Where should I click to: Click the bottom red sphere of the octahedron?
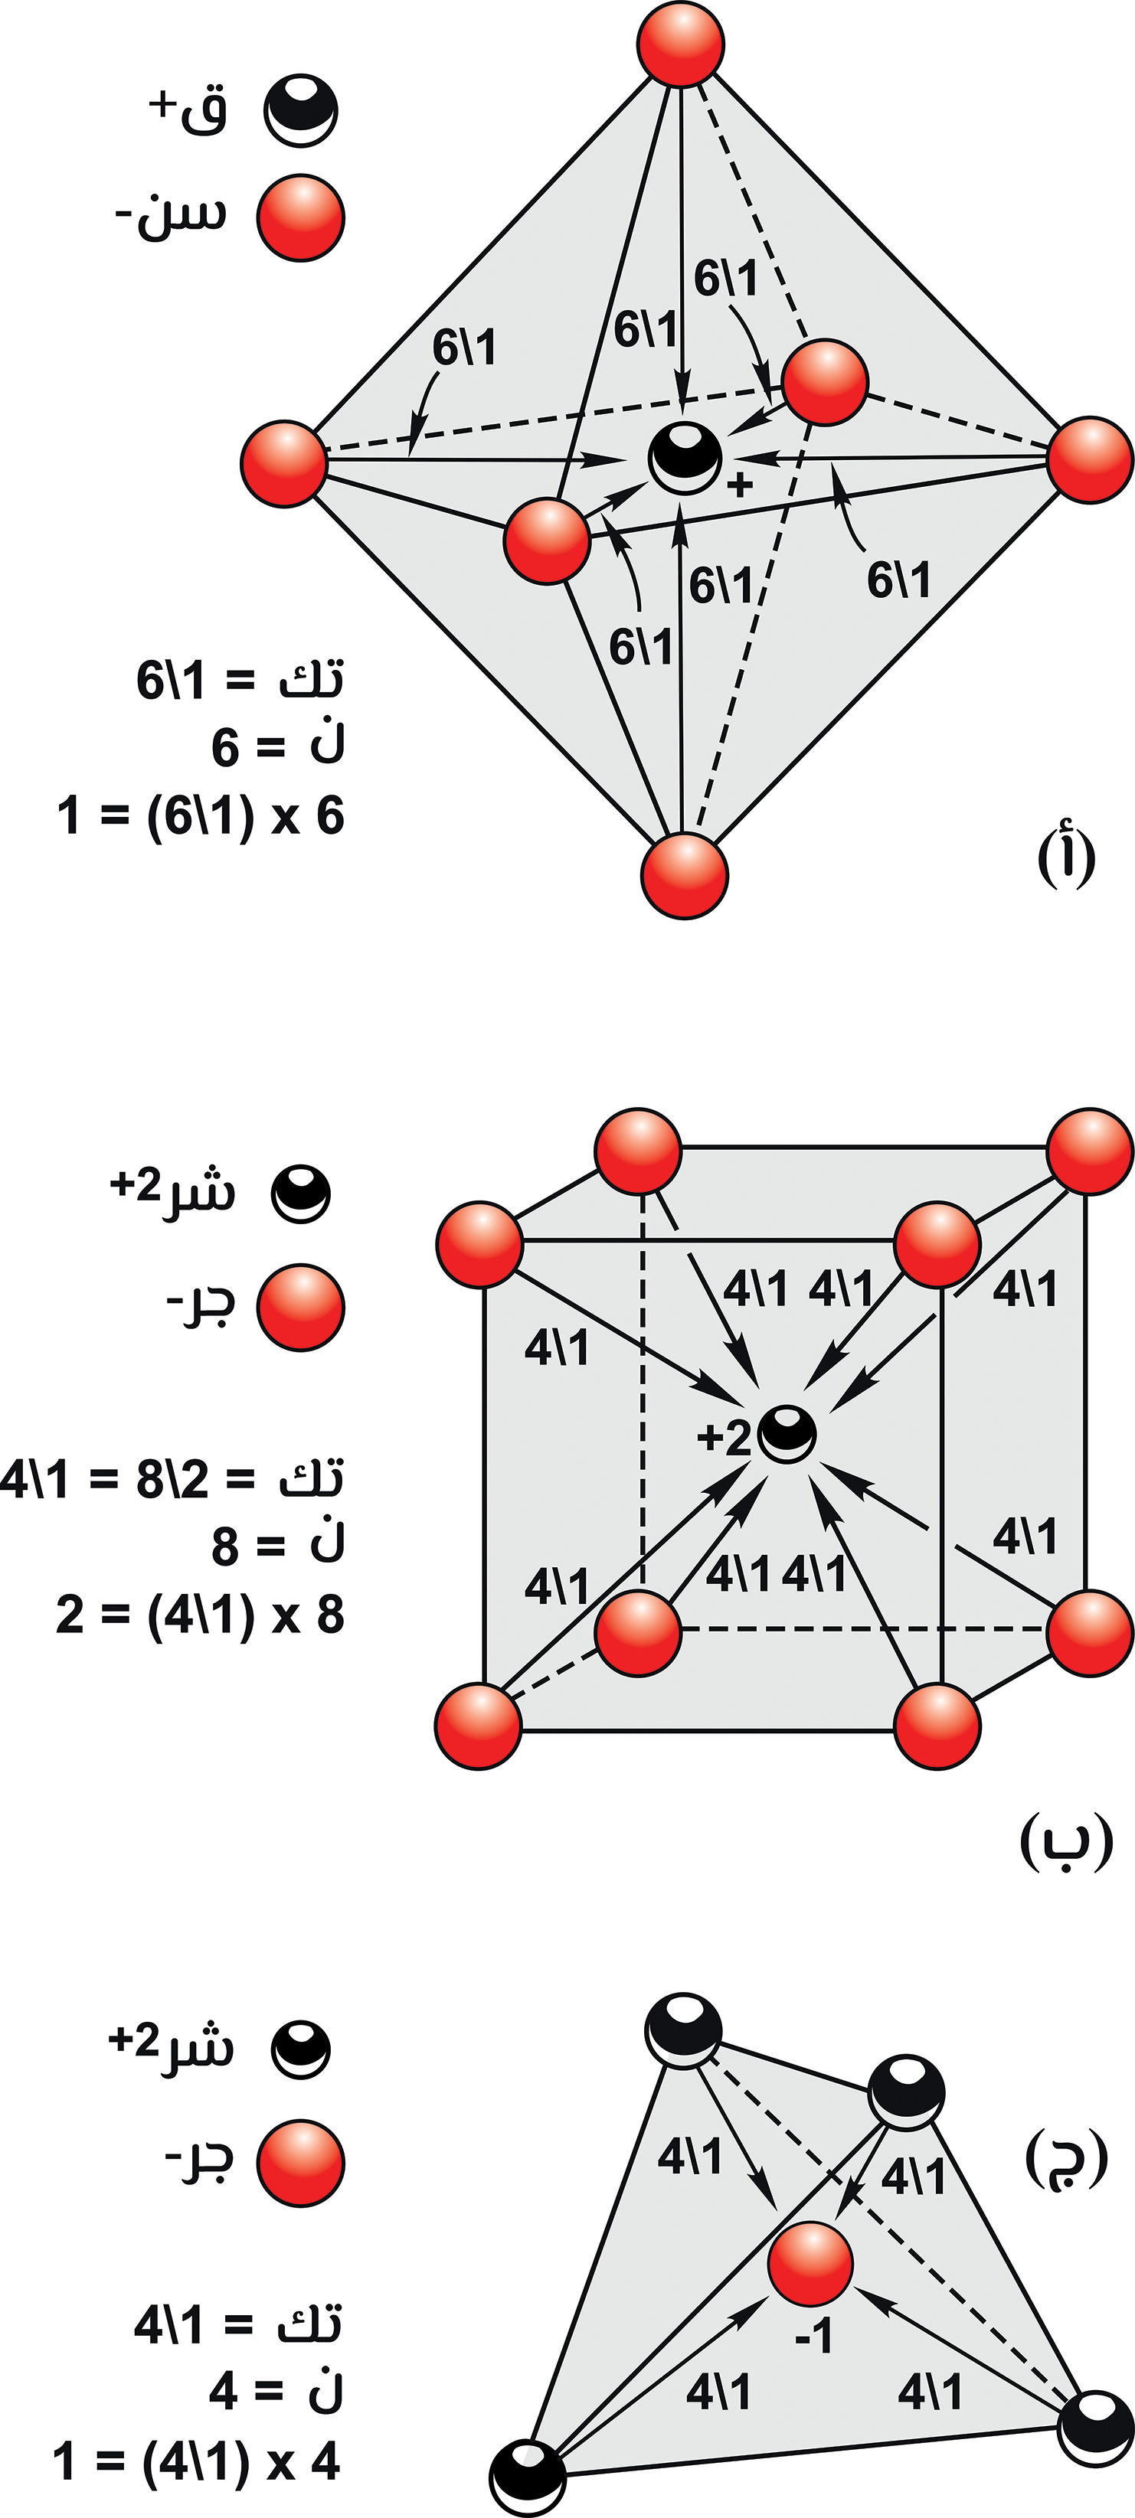pyautogui.click(x=685, y=875)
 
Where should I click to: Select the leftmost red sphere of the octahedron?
pyautogui.click(x=283, y=463)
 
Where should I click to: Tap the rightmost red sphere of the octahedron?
pyautogui.click(x=1089, y=459)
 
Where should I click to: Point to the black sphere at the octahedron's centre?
pyautogui.click(x=685, y=458)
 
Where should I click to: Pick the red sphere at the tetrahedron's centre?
pyautogui.click(x=810, y=2263)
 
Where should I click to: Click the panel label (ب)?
pyautogui.click(x=1065, y=1841)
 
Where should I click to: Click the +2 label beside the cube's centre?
pyautogui.click(x=724, y=1438)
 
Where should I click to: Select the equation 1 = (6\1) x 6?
pyautogui.click(x=201, y=815)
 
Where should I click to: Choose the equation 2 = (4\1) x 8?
pyautogui.click(x=201, y=1615)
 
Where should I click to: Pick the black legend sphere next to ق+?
pyautogui.click(x=301, y=109)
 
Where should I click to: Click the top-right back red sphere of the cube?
pyautogui.click(x=1089, y=1151)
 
